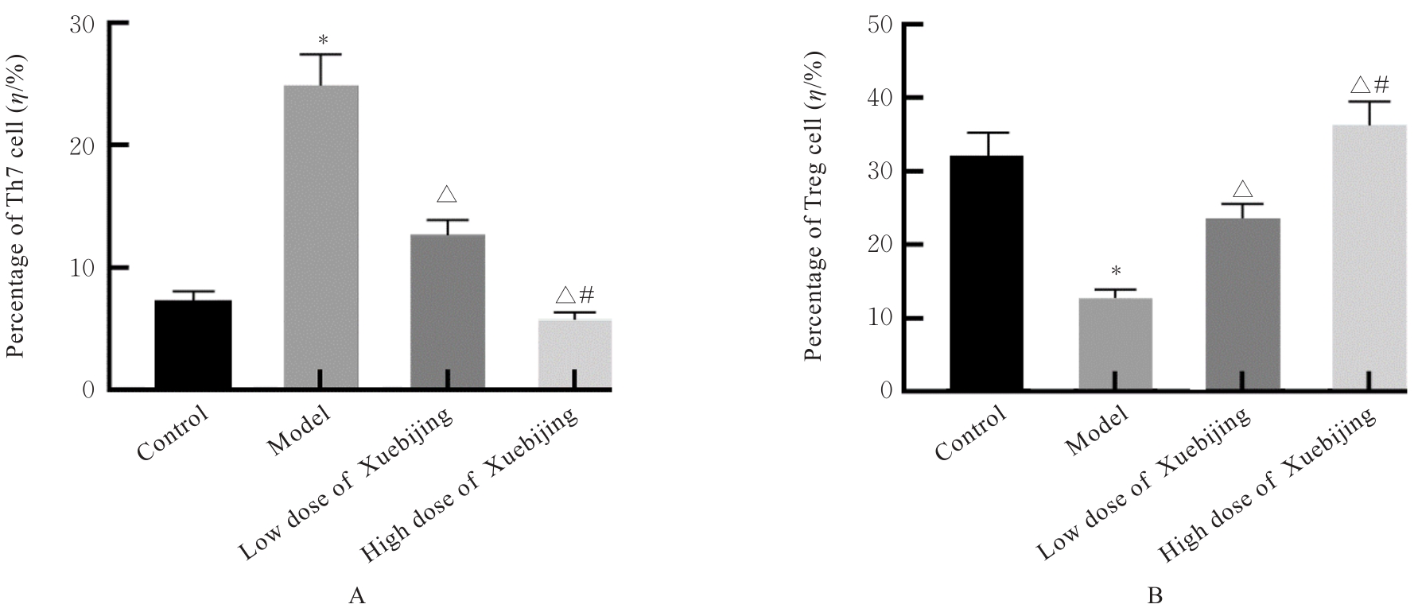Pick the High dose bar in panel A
[x=575, y=354]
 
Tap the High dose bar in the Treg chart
[x=1369, y=258]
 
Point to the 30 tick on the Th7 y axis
[x=82, y=24]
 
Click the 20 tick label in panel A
[x=82, y=145]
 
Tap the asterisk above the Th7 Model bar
[x=322, y=40]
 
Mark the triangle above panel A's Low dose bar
[x=447, y=194]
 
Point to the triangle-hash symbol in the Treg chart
[x=1369, y=85]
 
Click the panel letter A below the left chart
[x=357, y=594]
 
